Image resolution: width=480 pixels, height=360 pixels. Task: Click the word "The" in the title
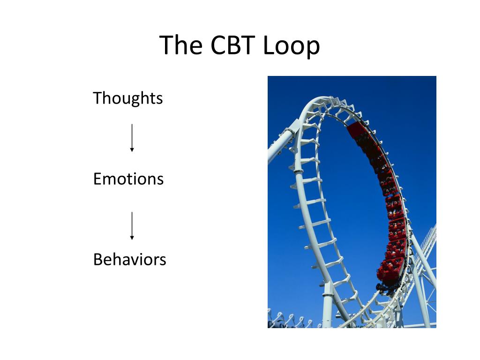coord(180,45)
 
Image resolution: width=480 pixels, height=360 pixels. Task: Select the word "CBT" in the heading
coord(232,45)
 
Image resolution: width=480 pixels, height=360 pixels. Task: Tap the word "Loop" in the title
coord(291,46)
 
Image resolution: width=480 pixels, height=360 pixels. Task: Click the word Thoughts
coord(127,98)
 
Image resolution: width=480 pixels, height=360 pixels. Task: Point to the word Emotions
coord(128,179)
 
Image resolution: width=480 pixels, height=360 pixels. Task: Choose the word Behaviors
coord(129,259)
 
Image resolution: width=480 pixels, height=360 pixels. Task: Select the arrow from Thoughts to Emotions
coord(132,138)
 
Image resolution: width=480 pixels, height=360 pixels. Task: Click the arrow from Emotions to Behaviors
coord(132,225)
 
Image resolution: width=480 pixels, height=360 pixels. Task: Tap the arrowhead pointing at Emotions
coord(132,150)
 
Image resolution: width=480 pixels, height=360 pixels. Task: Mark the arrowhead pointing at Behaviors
coord(132,238)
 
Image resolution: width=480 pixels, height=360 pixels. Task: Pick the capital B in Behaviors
coord(98,259)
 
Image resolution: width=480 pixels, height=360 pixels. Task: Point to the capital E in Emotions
coord(97,179)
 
